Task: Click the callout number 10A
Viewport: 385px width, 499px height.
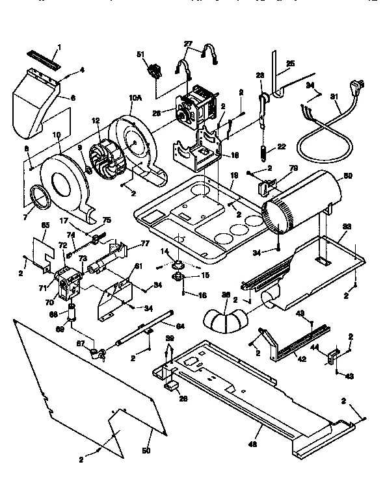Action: point(135,98)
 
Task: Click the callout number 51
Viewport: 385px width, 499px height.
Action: point(139,55)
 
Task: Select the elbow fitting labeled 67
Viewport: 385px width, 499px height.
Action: point(98,353)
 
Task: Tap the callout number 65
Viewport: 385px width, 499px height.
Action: point(46,225)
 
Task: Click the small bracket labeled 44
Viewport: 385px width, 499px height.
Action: point(333,355)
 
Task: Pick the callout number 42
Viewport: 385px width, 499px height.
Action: point(300,358)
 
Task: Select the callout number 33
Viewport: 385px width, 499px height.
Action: point(347,227)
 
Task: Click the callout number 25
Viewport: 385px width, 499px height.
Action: point(290,64)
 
